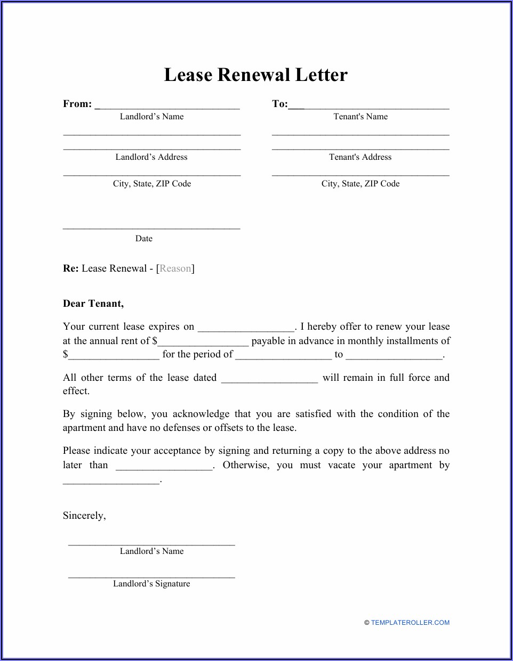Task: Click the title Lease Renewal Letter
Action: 255,75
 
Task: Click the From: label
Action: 77,104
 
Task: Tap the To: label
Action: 279,104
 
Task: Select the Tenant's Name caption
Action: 360,117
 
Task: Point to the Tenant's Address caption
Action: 360,157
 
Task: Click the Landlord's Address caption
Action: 151,157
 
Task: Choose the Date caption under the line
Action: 144,239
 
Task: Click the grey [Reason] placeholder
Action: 175,268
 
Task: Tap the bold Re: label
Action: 70,268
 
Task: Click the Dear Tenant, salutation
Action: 93,304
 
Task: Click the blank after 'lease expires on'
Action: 246,328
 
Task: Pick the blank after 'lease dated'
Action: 269,379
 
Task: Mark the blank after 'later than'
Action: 164,466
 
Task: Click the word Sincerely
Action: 84,516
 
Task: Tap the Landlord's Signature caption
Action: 151,584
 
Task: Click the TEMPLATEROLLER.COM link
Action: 410,623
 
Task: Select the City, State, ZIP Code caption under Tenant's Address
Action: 360,184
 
